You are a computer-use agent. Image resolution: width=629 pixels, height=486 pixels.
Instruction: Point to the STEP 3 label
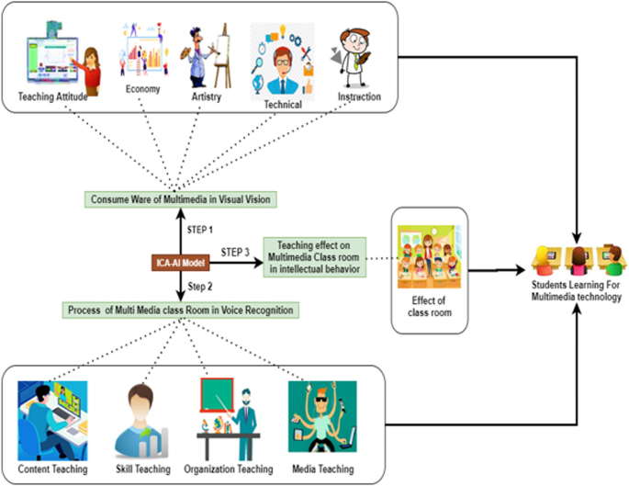coord(237,251)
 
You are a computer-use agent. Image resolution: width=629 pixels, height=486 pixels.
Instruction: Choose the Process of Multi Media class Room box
coord(180,311)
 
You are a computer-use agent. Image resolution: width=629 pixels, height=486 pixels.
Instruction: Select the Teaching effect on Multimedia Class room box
coord(314,256)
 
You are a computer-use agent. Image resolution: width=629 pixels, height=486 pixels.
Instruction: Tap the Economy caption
coord(143,90)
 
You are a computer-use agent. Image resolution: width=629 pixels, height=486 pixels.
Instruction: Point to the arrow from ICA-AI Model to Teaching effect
coord(235,262)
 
